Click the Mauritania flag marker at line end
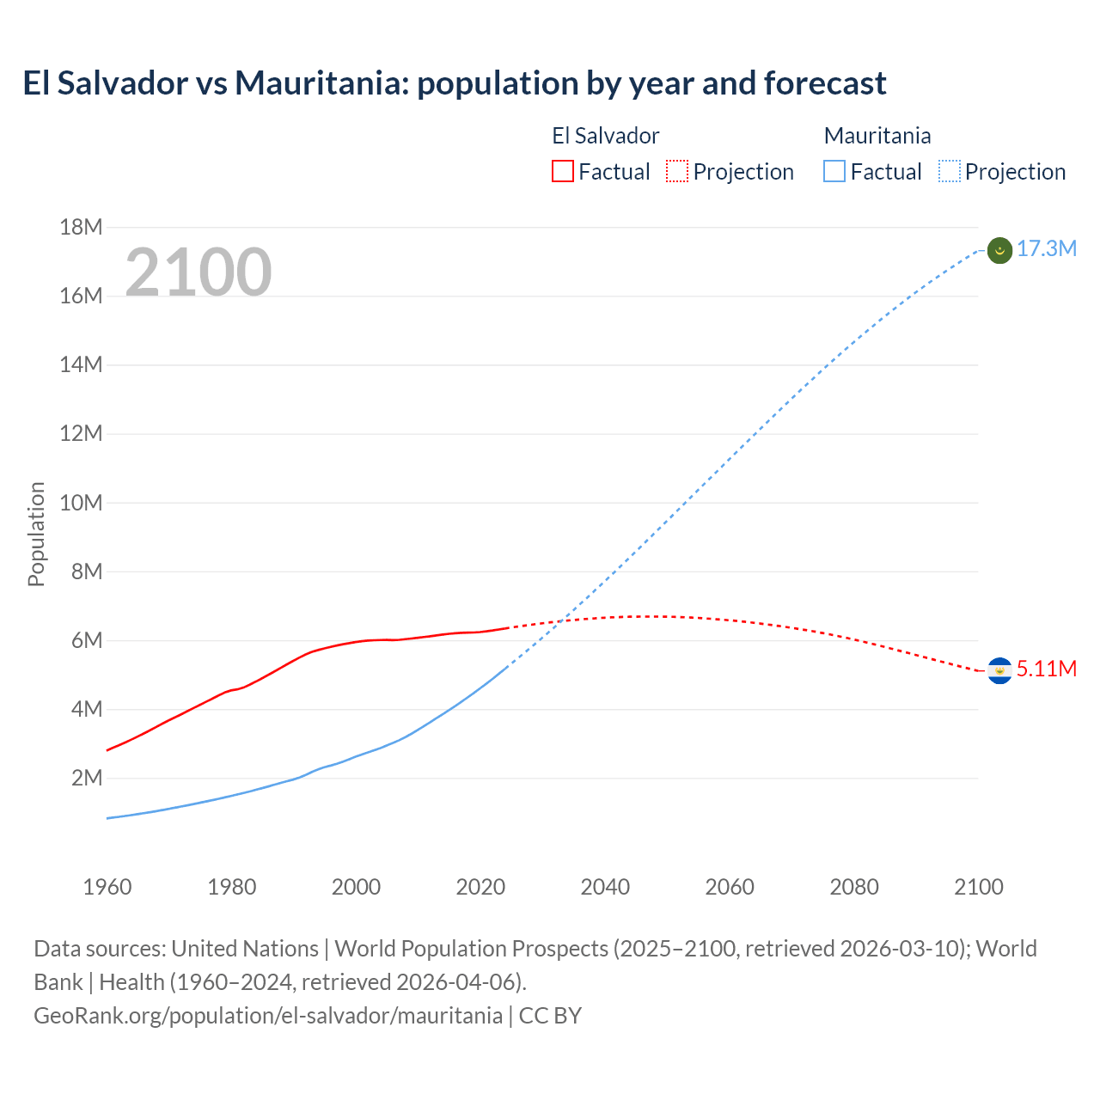[x=999, y=250]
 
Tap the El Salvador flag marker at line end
[x=999, y=670]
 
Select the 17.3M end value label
[x=1046, y=249]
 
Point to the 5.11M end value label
[x=1046, y=669]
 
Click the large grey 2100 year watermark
[x=199, y=272]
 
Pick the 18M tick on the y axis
[x=81, y=228]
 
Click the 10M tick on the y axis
[x=81, y=503]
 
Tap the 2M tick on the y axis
[x=86, y=779]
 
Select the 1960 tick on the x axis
[x=107, y=887]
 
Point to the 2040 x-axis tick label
[x=605, y=887]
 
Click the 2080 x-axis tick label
[x=854, y=887]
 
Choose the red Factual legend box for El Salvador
[x=562, y=172]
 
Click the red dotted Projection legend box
[x=677, y=172]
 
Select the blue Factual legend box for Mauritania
[x=834, y=172]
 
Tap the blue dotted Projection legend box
[x=949, y=172]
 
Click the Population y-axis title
[x=36, y=534]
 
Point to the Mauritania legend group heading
[x=877, y=136]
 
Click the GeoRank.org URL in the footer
[x=268, y=1016]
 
